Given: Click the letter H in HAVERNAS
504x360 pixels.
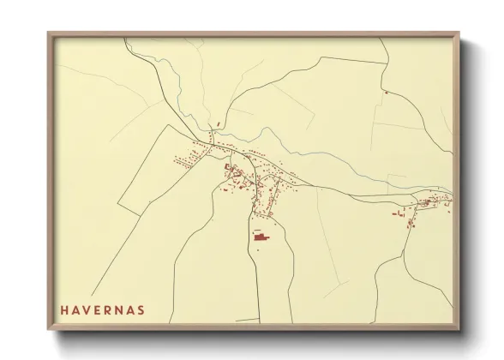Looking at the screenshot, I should (x=63, y=309).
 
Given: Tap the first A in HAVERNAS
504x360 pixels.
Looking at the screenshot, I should (x=75, y=309).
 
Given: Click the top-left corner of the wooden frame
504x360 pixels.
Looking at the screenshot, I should (x=49, y=33).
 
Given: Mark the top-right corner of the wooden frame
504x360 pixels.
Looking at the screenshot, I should (x=459, y=33).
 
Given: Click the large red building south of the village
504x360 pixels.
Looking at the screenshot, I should (x=261, y=236).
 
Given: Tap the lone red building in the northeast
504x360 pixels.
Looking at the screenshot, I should (x=387, y=93).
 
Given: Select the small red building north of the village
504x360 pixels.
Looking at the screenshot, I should (x=219, y=126).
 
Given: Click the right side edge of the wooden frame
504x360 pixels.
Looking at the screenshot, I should (x=458, y=180).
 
